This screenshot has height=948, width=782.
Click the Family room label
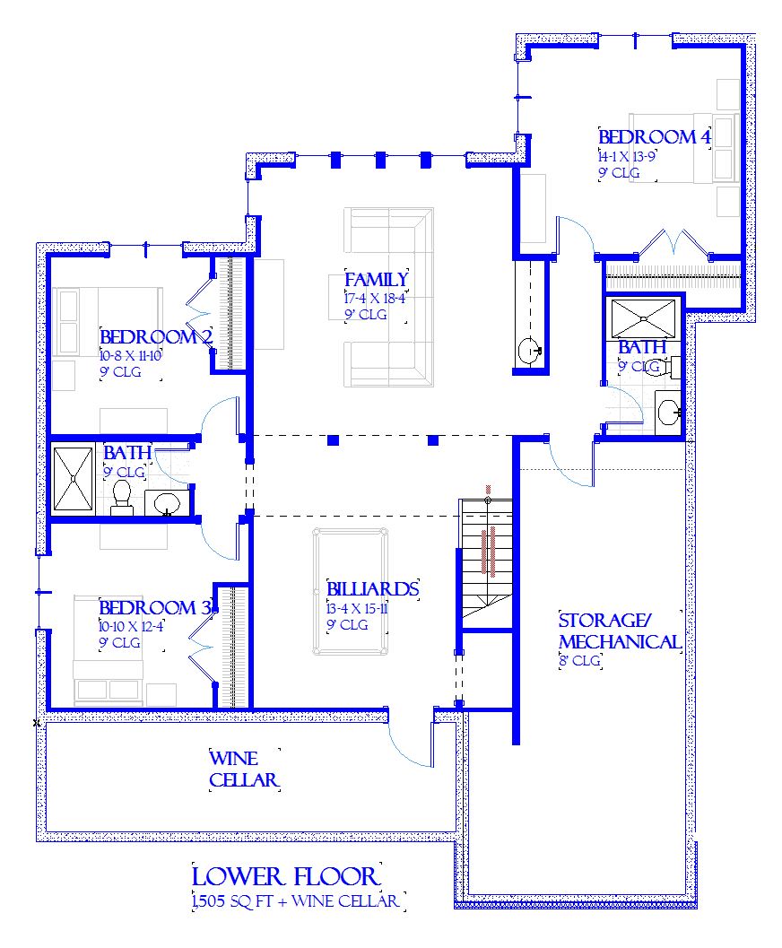(376, 280)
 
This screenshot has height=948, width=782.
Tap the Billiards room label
(373, 589)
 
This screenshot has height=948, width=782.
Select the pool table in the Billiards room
(351, 591)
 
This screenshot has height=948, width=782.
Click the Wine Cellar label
(244, 769)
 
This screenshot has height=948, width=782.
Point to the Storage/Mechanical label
(620, 631)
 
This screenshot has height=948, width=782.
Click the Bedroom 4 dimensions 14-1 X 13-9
(627, 156)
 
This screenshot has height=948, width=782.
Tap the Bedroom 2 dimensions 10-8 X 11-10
(131, 355)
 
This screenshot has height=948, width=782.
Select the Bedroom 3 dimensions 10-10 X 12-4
(131, 626)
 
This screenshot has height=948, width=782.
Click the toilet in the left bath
(122, 498)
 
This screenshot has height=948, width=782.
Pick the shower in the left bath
(74, 479)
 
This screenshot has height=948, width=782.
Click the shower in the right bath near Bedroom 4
(644, 318)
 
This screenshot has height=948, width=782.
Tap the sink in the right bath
(668, 413)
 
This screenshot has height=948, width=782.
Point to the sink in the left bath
(166, 503)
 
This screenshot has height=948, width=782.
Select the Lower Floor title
(286, 876)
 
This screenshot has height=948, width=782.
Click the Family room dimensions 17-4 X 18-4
(375, 299)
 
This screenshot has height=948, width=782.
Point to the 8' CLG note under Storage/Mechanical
(579, 661)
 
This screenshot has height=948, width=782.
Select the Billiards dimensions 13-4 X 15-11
(357, 608)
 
